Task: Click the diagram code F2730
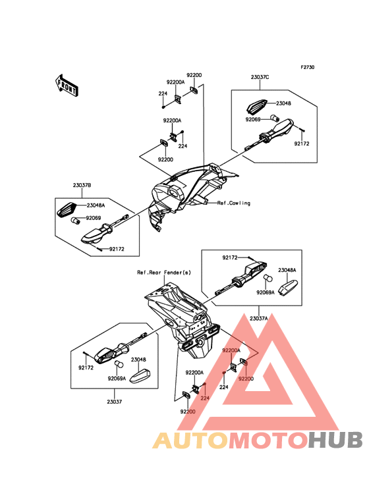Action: pos(308,67)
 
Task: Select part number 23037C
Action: pos(260,77)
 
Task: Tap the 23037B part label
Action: pos(82,186)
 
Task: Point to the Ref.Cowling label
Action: pos(234,203)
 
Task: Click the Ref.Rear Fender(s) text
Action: pos(164,273)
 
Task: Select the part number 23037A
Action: pos(258,319)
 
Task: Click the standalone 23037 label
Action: pos(115,402)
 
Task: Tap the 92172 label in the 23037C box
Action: pos(302,144)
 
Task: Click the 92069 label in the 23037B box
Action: pos(94,218)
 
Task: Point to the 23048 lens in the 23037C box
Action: pos(257,106)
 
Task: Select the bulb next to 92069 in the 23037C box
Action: pos(274,117)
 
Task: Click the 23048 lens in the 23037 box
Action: pos(140,375)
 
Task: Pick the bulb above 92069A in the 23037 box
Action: pos(119,364)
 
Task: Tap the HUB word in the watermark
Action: pos(336,441)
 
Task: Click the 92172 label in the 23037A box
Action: pos(231,257)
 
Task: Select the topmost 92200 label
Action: pos(194,75)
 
